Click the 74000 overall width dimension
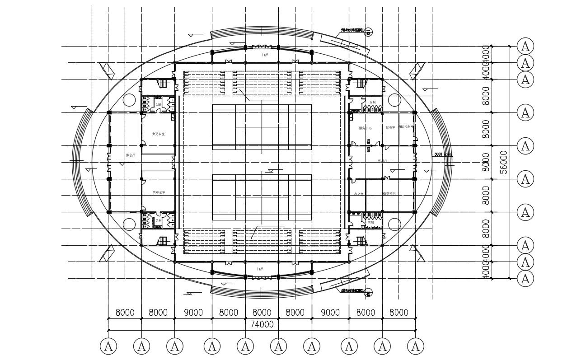click(x=262, y=324)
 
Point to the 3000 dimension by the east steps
click(x=438, y=154)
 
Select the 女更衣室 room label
click(x=158, y=134)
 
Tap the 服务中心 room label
click(x=365, y=128)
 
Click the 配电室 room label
click(x=390, y=128)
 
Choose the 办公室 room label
click(x=360, y=194)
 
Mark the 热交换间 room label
click(x=389, y=193)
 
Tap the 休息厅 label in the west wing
click(x=131, y=155)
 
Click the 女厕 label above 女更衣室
click(x=158, y=104)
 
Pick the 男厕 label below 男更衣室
click(x=158, y=221)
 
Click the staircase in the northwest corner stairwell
click(x=162, y=84)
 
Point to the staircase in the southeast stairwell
click(x=360, y=240)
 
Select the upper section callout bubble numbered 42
click(x=369, y=33)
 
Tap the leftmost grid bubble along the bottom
click(x=108, y=347)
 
